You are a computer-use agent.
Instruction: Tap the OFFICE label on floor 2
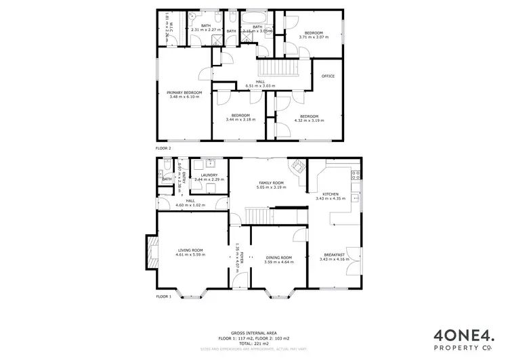click(329, 76)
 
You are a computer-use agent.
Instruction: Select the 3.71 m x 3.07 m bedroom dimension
click(313, 37)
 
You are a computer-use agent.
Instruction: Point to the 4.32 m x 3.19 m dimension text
click(309, 120)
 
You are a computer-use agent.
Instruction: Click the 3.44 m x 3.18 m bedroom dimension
click(240, 120)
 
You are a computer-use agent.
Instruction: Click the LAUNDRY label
click(209, 175)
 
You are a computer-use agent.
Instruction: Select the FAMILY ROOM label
click(270, 183)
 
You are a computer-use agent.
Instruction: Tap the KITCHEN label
click(331, 194)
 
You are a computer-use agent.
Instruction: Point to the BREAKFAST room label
click(331, 254)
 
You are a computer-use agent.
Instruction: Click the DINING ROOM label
click(278, 257)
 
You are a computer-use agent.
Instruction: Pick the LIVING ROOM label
click(190, 250)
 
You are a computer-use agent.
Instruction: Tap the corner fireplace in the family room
click(297, 166)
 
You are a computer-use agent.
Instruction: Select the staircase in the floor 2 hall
click(276, 70)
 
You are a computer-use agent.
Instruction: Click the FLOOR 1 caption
click(164, 296)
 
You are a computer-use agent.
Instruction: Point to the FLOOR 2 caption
click(164, 147)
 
